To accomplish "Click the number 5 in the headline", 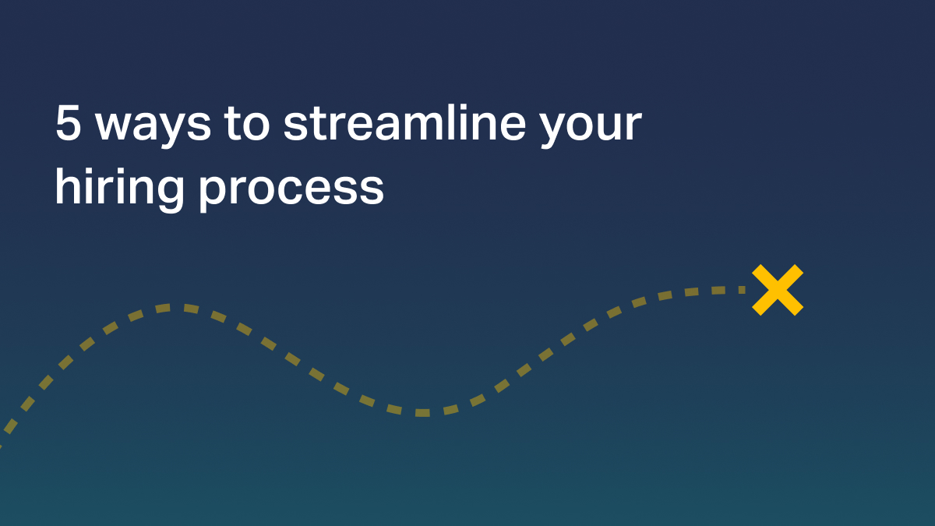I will coord(68,125).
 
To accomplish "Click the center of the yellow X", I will coord(777,290).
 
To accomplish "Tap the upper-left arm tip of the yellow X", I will coord(758,270).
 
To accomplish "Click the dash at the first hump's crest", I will coord(163,308).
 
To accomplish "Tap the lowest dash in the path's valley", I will coord(422,412).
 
